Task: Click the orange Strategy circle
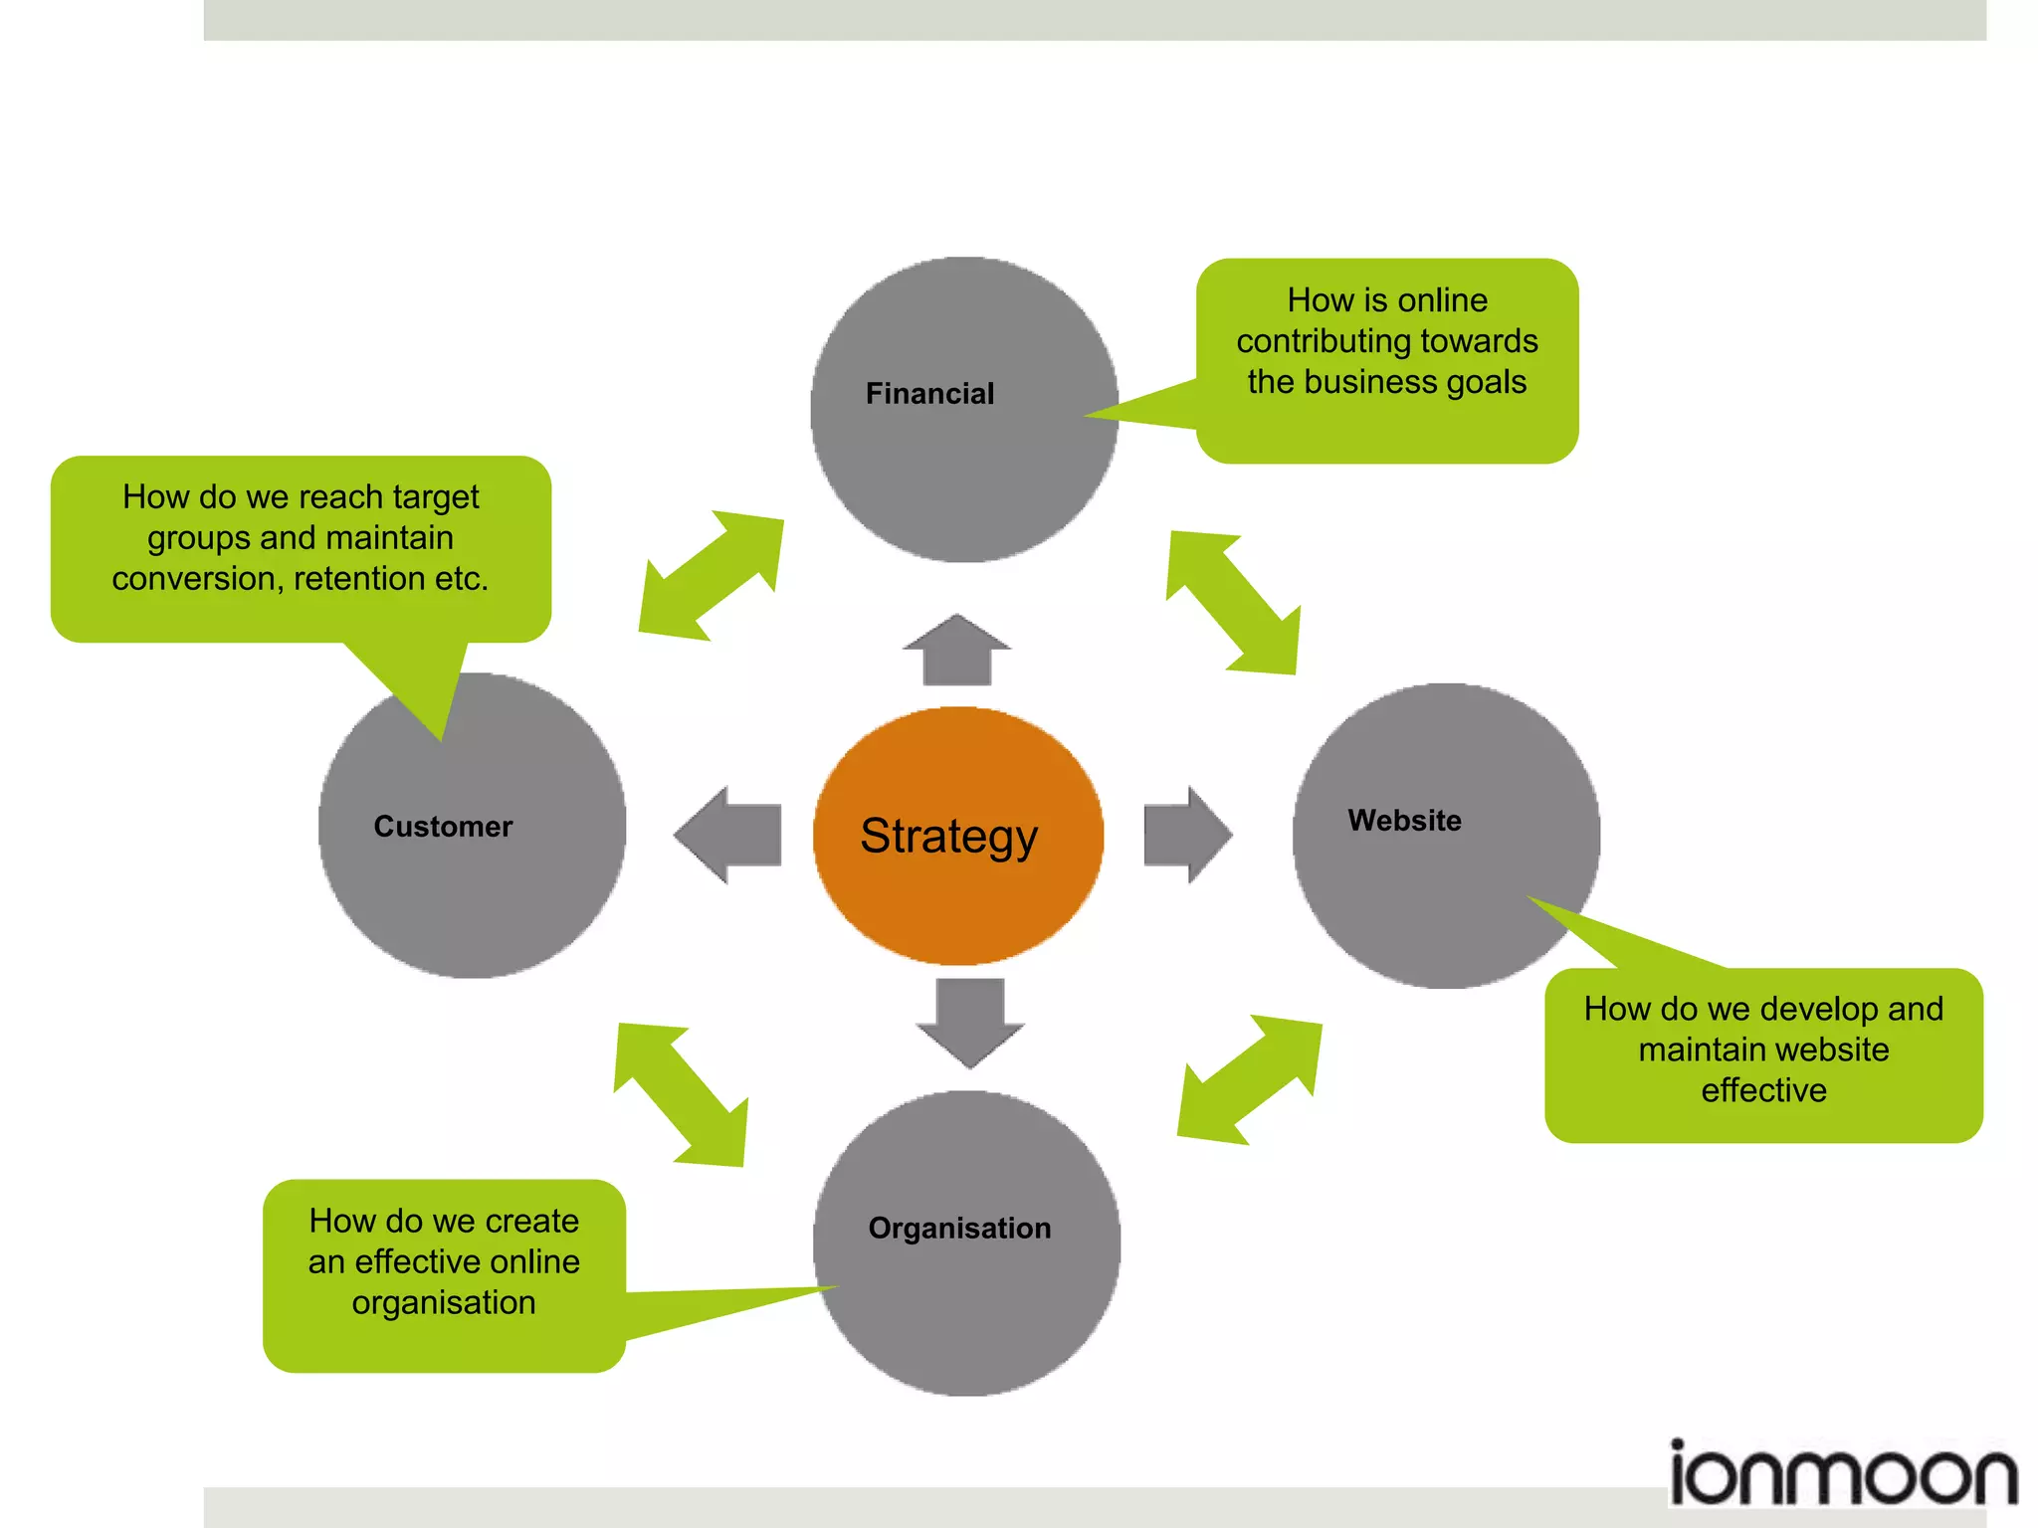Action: tap(957, 836)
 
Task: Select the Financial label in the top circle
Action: tap(929, 394)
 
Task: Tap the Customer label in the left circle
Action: tap(443, 827)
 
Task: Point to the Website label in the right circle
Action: tap(1404, 821)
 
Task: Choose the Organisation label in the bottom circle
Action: tap(959, 1229)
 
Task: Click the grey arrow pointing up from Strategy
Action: tap(956, 652)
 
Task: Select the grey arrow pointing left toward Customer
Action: tap(729, 835)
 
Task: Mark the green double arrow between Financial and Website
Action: tap(1234, 603)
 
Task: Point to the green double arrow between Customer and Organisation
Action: tap(681, 1095)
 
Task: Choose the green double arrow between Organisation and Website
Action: tap(1250, 1079)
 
